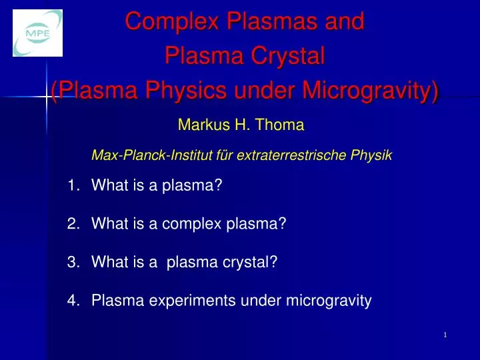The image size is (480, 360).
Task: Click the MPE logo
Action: point(37,33)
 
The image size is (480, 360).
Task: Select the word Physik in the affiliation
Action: point(373,156)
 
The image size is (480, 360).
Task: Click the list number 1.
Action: point(73,185)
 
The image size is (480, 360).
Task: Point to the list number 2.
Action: point(73,224)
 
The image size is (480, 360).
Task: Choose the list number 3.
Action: point(73,263)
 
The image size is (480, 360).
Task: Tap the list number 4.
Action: point(73,301)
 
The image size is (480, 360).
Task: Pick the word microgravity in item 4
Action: point(329,301)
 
